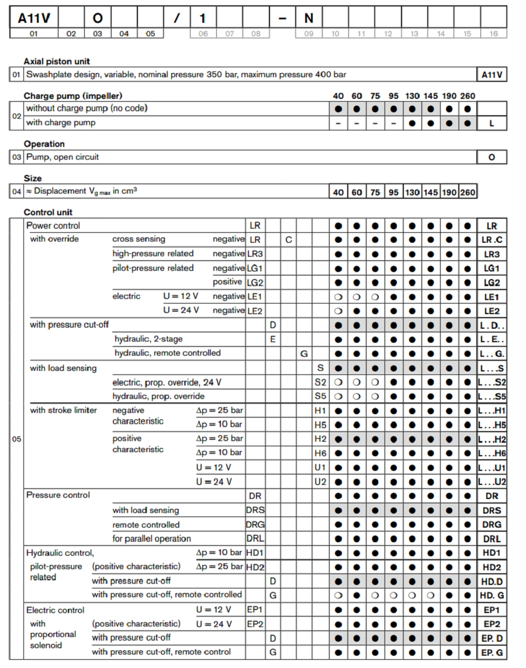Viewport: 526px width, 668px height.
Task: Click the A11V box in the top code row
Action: tap(33, 18)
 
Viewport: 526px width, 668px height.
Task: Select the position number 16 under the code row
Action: tap(493, 33)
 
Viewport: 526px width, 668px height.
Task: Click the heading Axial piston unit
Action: tap(57, 61)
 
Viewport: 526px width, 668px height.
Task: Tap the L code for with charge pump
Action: tap(491, 123)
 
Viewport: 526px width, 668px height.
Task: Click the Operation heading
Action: tap(44, 144)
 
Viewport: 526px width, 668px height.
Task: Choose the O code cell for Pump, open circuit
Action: tap(491, 157)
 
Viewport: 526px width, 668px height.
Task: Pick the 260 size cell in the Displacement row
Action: tap(468, 192)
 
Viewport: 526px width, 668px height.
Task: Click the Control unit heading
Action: tap(48, 212)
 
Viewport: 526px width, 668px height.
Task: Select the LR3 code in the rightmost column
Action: tap(491, 254)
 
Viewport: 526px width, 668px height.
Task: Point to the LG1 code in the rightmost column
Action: tap(491, 268)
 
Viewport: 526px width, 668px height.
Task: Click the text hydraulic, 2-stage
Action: tap(148, 339)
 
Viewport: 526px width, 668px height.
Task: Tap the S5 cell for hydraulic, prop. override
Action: tap(320, 396)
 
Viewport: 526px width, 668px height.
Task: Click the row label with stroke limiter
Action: tap(64, 410)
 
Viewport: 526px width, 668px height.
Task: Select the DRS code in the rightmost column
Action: tap(491, 510)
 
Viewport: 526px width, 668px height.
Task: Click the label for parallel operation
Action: tap(152, 539)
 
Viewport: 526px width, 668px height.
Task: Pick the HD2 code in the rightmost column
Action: tap(491, 567)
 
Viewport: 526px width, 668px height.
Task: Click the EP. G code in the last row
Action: tap(491, 652)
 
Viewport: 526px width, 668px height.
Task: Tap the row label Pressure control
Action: tap(58, 495)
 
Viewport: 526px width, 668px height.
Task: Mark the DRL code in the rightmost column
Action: tap(491, 539)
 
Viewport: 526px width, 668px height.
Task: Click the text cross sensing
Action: tap(139, 239)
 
